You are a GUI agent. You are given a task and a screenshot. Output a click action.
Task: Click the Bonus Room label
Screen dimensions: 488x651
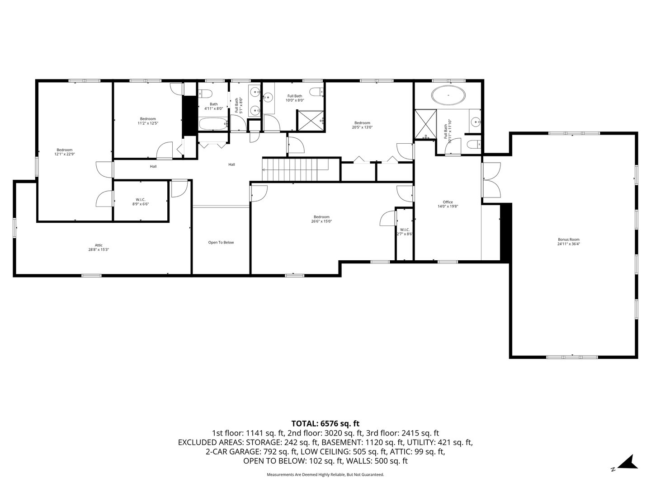click(568, 242)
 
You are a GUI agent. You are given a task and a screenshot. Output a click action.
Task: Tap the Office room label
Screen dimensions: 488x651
click(448, 204)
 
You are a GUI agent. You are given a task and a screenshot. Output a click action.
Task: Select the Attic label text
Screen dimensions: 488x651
click(99, 247)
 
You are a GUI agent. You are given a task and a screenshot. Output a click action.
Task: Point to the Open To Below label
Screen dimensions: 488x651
click(221, 243)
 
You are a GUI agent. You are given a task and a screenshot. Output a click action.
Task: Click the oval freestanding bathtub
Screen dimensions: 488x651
click(448, 96)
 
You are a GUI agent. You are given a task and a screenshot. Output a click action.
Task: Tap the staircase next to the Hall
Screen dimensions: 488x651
click(296, 169)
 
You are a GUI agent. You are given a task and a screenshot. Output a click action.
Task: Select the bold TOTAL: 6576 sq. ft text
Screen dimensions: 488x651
click(325, 423)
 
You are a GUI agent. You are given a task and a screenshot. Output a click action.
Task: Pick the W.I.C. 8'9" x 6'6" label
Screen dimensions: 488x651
click(140, 202)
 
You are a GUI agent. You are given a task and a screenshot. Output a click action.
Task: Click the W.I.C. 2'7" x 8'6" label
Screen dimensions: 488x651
click(405, 232)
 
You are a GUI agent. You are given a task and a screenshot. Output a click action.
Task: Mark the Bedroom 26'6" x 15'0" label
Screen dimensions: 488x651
click(321, 219)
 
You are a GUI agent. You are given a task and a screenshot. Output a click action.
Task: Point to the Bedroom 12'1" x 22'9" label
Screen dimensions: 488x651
click(64, 152)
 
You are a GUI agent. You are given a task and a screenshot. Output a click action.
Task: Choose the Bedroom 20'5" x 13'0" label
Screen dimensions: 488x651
click(362, 125)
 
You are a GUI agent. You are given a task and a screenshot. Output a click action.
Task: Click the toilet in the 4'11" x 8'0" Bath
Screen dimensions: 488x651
click(205, 94)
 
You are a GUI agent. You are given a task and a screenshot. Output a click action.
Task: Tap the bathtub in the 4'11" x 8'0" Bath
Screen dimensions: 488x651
click(213, 123)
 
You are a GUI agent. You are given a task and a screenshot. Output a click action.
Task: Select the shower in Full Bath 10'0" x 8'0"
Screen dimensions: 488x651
click(310, 120)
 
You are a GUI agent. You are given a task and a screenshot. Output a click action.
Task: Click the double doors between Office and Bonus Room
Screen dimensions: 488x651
click(491, 180)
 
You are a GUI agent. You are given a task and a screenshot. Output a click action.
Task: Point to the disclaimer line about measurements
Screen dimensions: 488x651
click(325, 474)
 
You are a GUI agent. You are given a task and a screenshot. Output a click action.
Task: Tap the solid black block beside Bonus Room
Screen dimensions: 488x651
click(505, 232)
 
